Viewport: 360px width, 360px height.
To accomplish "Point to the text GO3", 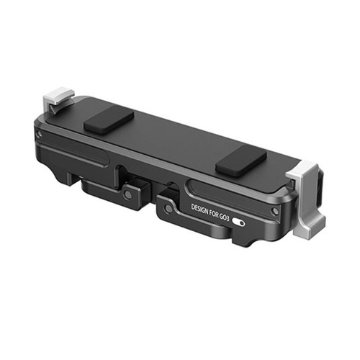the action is click(224, 217).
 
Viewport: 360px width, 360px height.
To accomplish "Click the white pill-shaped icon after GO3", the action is click(238, 222).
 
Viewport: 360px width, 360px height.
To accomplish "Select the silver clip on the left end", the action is click(58, 99).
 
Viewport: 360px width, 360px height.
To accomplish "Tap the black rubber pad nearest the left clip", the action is click(109, 122).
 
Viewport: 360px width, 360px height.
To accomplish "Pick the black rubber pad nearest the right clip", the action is click(240, 160).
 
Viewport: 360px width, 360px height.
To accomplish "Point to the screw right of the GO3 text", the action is click(275, 211).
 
